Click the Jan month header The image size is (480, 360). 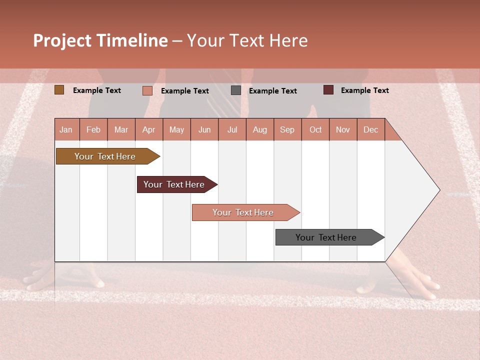click(66, 129)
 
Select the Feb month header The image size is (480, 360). click(93, 129)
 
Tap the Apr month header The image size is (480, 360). click(148, 129)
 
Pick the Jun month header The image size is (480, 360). click(204, 129)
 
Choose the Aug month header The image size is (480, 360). click(259, 129)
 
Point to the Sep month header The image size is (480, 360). click(287, 129)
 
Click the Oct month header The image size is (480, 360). click(315, 129)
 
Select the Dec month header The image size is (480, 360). click(370, 129)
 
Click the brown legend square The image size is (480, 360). click(59, 90)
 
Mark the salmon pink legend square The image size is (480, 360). click(147, 90)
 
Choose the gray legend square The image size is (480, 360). click(235, 90)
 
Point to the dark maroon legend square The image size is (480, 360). click(328, 90)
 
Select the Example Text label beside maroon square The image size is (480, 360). click(364, 90)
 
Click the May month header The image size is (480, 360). click(176, 129)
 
